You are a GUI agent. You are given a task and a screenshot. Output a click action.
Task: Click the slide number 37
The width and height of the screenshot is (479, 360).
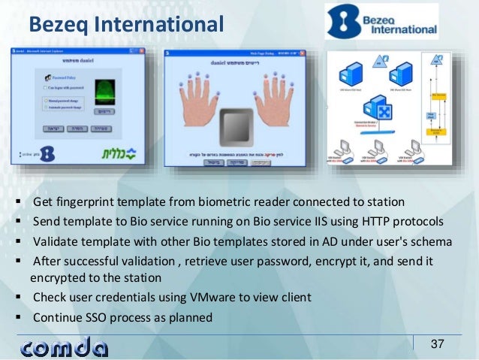438,344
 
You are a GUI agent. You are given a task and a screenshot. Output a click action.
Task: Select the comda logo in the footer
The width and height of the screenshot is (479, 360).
65,346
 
